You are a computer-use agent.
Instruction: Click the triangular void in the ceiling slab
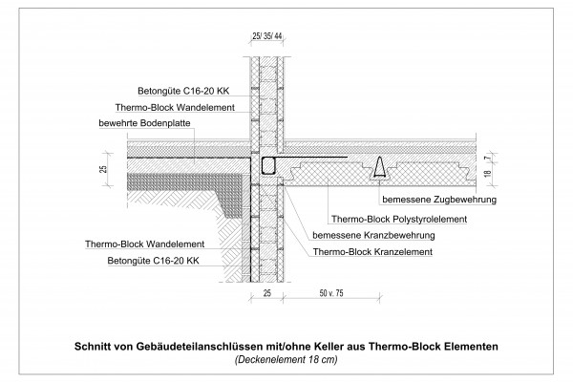(380, 169)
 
